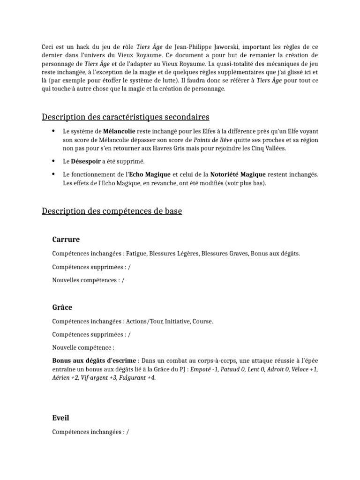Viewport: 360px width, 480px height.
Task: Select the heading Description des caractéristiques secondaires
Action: tap(126, 117)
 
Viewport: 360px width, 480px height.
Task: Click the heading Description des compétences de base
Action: tap(112, 211)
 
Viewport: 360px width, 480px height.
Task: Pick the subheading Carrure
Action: tap(66, 240)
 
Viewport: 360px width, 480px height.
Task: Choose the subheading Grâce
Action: tap(62, 307)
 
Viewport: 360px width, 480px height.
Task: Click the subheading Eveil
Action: tap(61, 417)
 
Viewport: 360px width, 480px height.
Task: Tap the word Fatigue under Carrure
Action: tap(138, 254)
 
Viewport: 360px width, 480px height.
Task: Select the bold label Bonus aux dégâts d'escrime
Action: tap(94, 360)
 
